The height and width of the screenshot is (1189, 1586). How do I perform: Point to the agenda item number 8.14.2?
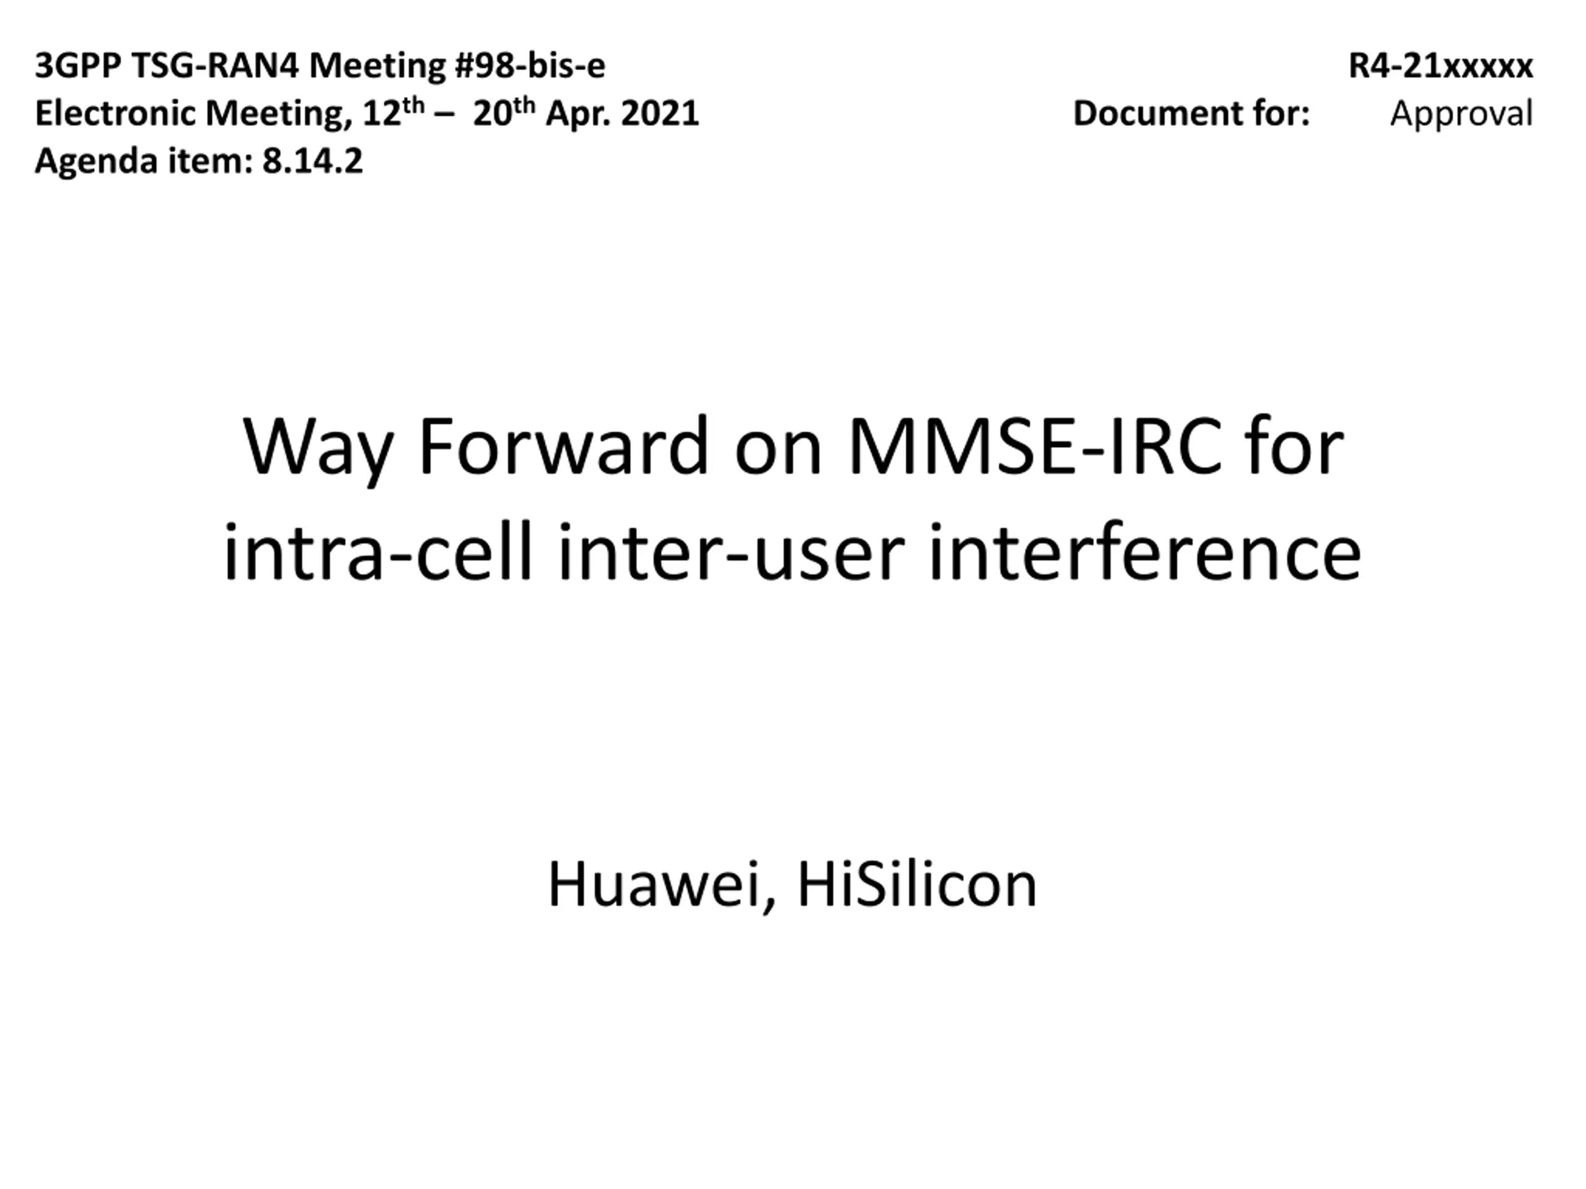coord(313,161)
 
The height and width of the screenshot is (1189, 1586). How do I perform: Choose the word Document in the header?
coord(1154,114)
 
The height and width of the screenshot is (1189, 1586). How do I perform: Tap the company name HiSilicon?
coord(917,885)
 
